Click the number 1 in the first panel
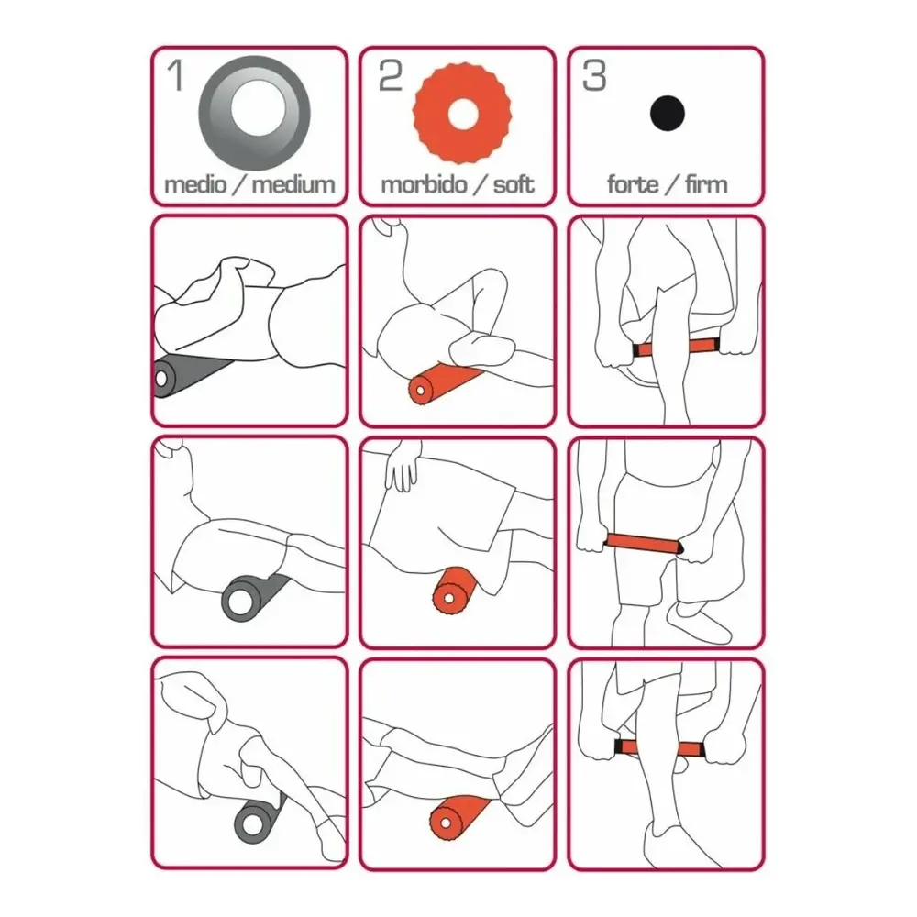176,75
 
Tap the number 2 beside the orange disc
391,76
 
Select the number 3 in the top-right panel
594,76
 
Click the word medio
195,185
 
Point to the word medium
293,185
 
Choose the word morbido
424,185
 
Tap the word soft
514,185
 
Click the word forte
632,185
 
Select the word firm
706,185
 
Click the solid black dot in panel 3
668,114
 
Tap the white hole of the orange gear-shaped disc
462,112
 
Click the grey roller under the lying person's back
186,374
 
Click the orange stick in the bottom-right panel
661,748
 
